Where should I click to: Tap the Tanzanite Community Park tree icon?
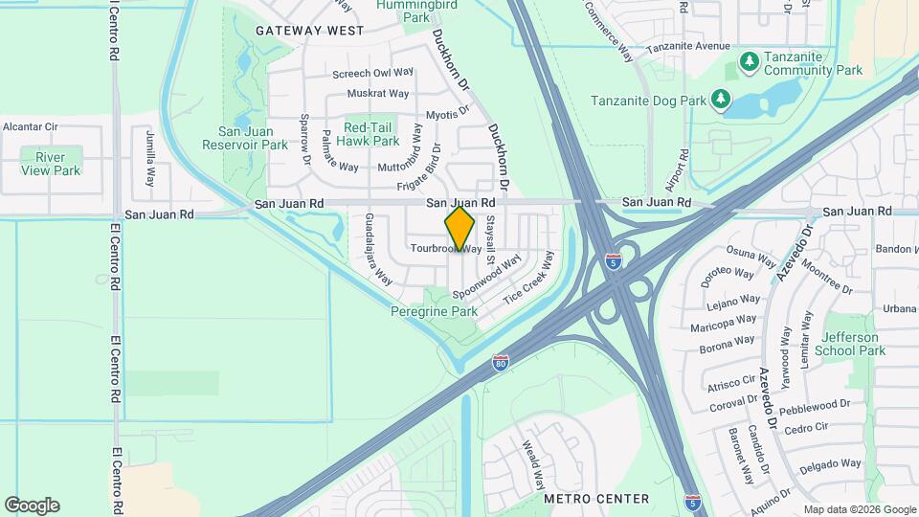[x=748, y=64]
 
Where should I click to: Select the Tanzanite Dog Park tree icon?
[x=721, y=100]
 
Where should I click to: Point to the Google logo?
[x=32, y=506]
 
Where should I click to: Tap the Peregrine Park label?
[x=434, y=312]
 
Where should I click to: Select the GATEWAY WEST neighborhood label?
[x=309, y=31]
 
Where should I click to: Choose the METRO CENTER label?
[x=595, y=499]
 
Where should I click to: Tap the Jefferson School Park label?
[x=853, y=344]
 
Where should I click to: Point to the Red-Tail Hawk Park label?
[x=371, y=134]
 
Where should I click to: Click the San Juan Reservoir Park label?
[x=245, y=138]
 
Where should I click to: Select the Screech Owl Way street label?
[x=372, y=73]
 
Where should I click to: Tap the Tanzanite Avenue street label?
[x=687, y=46]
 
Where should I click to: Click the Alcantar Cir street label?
[x=31, y=126]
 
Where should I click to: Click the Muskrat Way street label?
[x=378, y=94]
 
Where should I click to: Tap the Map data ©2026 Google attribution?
[x=860, y=509]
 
